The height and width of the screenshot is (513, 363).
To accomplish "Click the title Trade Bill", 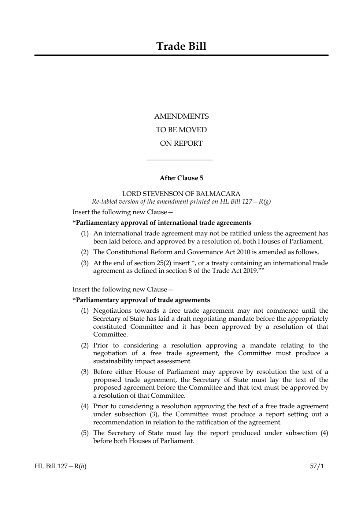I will [x=181, y=47].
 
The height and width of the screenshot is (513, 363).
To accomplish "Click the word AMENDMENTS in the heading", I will [x=181, y=116].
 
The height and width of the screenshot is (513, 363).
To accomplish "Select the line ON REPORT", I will [x=181, y=144].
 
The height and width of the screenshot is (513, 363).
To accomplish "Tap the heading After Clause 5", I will [x=181, y=178].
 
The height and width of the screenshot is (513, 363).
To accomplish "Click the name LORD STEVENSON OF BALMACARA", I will [x=181, y=194].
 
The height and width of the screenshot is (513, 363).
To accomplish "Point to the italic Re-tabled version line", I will [x=181, y=201].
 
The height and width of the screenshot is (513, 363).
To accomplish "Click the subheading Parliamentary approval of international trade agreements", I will [x=162, y=223].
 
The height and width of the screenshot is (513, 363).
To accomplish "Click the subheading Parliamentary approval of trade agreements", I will [x=141, y=300].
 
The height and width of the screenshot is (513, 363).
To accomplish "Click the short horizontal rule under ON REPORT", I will [x=179, y=159].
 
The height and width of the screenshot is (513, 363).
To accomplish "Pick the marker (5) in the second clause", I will [x=85, y=433].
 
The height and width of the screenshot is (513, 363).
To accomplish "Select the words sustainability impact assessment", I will [x=142, y=361].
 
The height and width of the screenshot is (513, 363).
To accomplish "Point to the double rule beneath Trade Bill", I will [x=181, y=55].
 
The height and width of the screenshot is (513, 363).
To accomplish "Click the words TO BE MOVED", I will [x=181, y=130].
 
